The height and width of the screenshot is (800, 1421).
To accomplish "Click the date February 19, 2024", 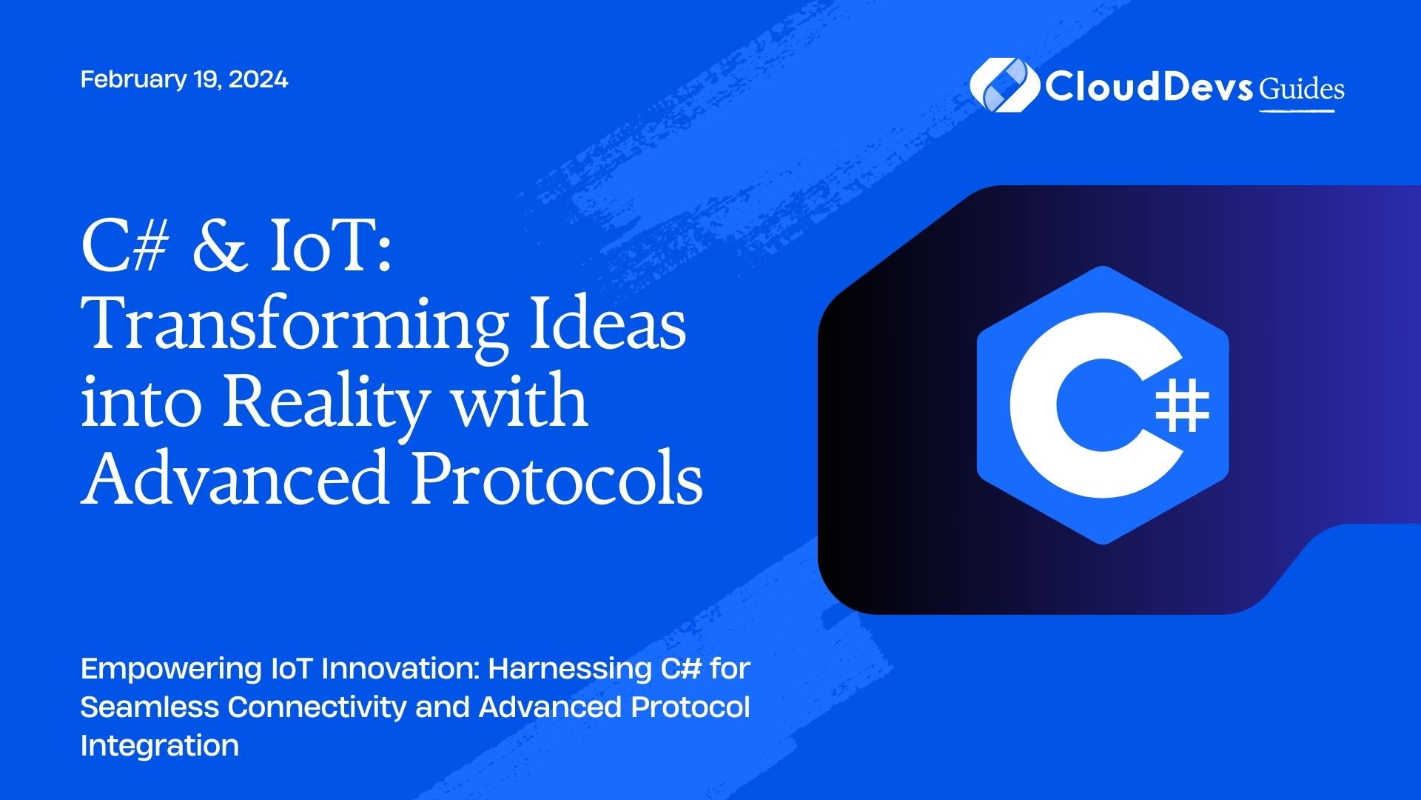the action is pyautogui.click(x=184, y=79).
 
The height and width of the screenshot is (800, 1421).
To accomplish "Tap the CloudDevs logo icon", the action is pyautogui.click(x=1003, y=85).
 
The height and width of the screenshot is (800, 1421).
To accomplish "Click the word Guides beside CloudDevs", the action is pyautogui.click(x=1302, y=90).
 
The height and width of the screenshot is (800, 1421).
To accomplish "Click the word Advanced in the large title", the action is pyautogui.click(x=235, y=478).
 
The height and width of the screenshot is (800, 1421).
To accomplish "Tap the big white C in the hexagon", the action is pyautogui.click(x=1081, y=405).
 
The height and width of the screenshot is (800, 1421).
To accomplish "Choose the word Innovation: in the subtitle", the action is pyautogui.click(x=400, y=669).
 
